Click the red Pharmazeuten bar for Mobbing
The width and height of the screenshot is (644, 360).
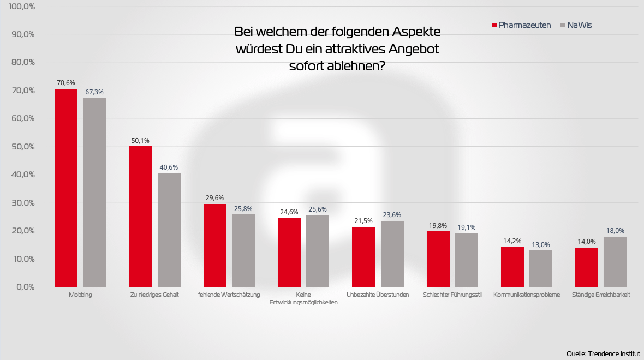66,188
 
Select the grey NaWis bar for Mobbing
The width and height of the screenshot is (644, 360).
94,193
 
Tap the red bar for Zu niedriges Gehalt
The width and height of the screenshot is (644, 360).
140,217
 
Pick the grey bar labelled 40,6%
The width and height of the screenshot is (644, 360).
169,230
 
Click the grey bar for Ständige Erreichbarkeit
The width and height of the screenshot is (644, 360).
615,262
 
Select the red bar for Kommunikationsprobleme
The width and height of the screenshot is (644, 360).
512,267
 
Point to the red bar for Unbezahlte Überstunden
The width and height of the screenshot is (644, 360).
363,257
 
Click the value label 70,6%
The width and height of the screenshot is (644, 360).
66,83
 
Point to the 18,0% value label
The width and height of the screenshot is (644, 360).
615,231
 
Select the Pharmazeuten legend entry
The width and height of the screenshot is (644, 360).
521,25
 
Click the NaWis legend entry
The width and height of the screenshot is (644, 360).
576,25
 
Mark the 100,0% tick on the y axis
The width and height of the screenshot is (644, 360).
22,7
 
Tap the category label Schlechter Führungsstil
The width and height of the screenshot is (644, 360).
452,295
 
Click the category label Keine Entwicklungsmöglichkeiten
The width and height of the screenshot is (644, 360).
303,299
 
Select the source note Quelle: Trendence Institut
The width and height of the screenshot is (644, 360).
603,353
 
